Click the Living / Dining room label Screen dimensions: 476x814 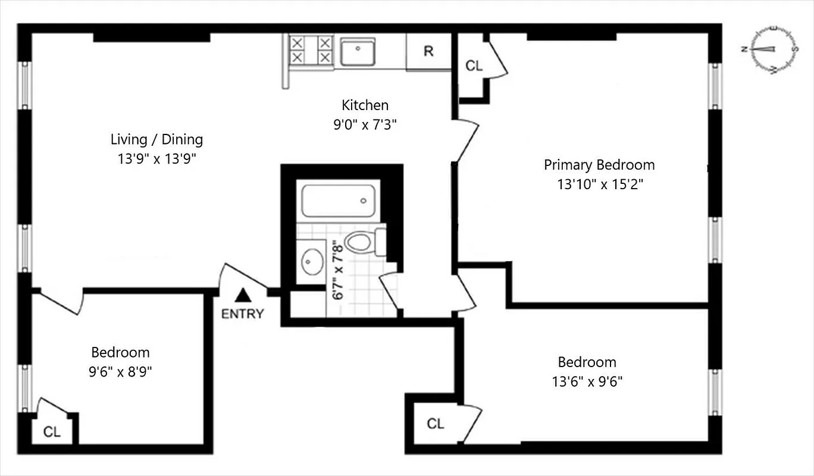click(x=156, y=140)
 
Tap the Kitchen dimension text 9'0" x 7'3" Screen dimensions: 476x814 click(x=365, y=125)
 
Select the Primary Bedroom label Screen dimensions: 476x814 click(x=599, y=165)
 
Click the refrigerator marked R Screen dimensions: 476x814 click(x=428, y=52)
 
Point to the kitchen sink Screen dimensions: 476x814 click(x=358, y=51)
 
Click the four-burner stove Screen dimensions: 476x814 click(x=309, y=50)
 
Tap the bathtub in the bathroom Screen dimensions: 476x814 click(x=338, y=201)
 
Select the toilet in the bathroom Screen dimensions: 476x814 click(x=362, y=242)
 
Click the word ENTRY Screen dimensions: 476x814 click(x=242, y=314)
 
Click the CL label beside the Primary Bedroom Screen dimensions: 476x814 click(x=474, y=66)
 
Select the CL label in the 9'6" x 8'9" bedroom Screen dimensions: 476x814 click(x=52, y=432)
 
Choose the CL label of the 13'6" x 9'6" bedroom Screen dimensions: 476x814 click(x=436, y=424)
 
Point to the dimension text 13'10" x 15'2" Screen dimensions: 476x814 click(x=600, y=184)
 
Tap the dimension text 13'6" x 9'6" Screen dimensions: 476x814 click(x=587, y=381)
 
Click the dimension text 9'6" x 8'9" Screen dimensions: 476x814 click(x=120, y=372)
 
